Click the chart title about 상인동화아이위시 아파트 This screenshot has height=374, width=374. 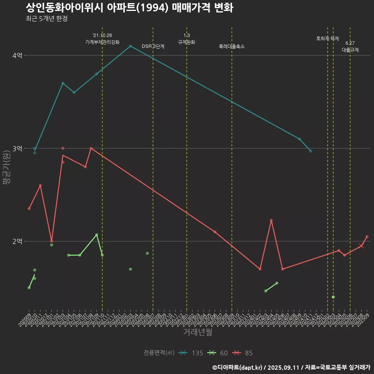pyautogui.click(x=129, y=7)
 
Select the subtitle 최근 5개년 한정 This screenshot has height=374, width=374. pyautogui.click(x=46, y=19)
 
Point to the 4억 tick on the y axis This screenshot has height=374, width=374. pyautogui.click(x=17, y=56)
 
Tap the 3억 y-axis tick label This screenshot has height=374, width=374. pyautogui.click(x=17, y=148)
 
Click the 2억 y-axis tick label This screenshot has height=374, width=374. pyautogui.click(x=17, y=242)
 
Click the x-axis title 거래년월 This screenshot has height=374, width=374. pyautogui.click(x=198, y=332)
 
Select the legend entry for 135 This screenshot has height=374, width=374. pyautogui.click(x=191, y=353)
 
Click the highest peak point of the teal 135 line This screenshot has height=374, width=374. pyautogui.click(x=131, y=46)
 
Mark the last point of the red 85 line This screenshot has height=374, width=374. pyautogui.click(x=367, y=237)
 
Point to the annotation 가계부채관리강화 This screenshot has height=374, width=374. pyautogui.click(x=102, y=42)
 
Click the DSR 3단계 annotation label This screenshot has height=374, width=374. pyautogui.click(x=153, y=46)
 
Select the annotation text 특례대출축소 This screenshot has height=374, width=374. pyautogui.click(x=232, y=46)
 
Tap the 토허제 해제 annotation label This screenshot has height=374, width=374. pyautogui.click(x=328, y=39)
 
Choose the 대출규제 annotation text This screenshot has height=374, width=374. pyautogui.click(x=350, y=50)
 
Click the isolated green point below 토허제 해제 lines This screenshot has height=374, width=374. pyautogui.click(x=333, y=297)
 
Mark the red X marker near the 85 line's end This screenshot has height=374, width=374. pyautogui.click(x=362, y=246)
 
